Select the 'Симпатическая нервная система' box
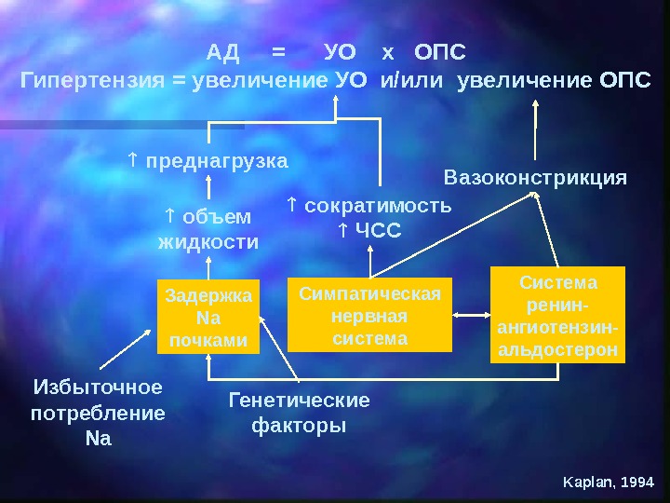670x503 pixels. click(x=369, y=314)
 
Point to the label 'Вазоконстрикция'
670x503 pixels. click(x=535, y=176)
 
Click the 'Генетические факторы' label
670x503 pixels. click(x=299, y=413)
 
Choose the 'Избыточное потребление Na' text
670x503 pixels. click(x=98, y=412)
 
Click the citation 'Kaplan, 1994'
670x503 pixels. click(x=610, y=482)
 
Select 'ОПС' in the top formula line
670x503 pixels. click(x=439, y=49)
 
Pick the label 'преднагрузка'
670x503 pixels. click(x=216, y=160)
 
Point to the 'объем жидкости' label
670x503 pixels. click(x=208, y=229)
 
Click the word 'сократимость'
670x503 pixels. click(x=378, y=205)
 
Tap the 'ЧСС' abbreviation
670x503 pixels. click(x=379, y=228)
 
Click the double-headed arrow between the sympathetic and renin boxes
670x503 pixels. click(x=471, y=314)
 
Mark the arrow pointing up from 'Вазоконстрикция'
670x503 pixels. click(x=535, y=130)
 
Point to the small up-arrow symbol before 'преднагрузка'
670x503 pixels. click(x=132, y=160)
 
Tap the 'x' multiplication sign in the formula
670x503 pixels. click(x=388, y=49)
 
